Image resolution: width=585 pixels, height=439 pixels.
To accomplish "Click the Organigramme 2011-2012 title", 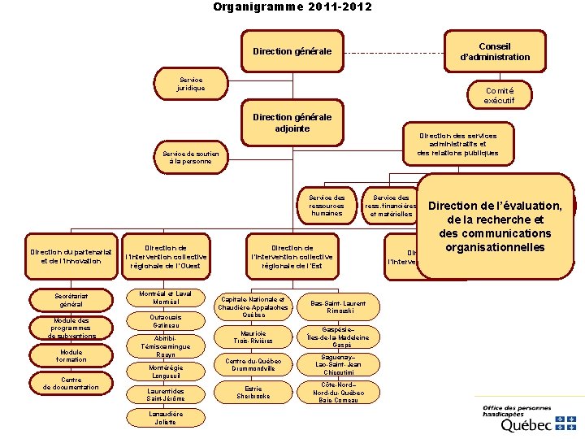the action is pos(292,7).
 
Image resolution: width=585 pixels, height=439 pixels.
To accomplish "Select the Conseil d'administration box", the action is pos(495,50).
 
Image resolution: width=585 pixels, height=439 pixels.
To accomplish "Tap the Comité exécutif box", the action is pos(499,94).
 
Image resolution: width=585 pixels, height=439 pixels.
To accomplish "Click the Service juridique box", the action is pos(191,83).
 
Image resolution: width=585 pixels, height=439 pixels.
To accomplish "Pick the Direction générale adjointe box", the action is pos(292,123).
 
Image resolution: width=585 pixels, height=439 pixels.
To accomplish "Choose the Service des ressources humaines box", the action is pos(327,206).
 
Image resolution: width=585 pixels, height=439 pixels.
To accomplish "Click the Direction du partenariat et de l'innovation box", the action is pos(70,256).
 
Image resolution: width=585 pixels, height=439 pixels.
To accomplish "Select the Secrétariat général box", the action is pos(70,301).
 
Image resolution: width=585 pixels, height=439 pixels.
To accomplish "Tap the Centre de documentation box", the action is pos(70,383).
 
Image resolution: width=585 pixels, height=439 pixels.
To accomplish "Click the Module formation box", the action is pos(70,355).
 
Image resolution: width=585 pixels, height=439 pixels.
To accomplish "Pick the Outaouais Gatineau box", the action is pos(167,321).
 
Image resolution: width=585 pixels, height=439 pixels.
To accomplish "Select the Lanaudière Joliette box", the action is pos(167,418).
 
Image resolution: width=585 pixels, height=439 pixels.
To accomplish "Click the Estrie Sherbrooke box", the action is pos(253,393).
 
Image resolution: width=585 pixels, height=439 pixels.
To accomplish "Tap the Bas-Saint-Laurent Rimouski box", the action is pos(337,306).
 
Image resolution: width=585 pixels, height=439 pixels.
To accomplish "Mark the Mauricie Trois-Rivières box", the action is pos(253,337).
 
